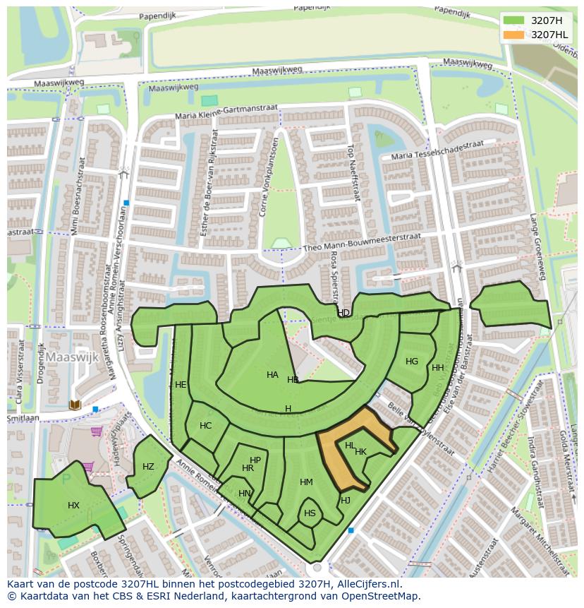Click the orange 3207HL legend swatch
515,35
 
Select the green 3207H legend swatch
515,20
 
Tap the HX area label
74,506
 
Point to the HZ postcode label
148,467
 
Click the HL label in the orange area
350,446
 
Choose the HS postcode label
310,513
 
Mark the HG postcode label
412,362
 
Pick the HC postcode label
205,426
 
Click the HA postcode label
272,375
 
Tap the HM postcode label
306,482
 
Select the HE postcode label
181,385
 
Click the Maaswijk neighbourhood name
73,357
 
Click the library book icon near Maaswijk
75,405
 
